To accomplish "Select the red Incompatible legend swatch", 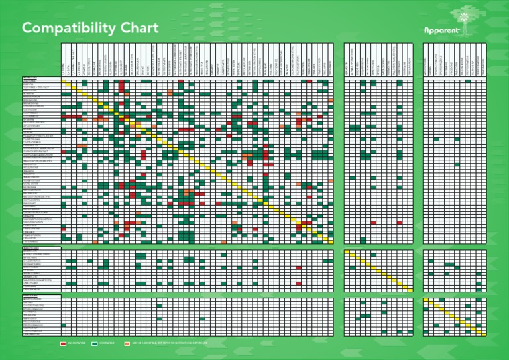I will (x=63, y=344).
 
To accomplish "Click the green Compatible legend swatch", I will (x=95, y=344).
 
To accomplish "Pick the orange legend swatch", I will (x=127, y=344).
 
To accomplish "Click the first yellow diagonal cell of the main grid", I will (x=64, y=81).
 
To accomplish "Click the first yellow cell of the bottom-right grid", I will (x=425, y=299).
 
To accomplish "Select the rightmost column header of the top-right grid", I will (x=410, y=60).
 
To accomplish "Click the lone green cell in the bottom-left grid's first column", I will (x=64, y=325).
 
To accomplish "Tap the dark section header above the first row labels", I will (x=41, y=78).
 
